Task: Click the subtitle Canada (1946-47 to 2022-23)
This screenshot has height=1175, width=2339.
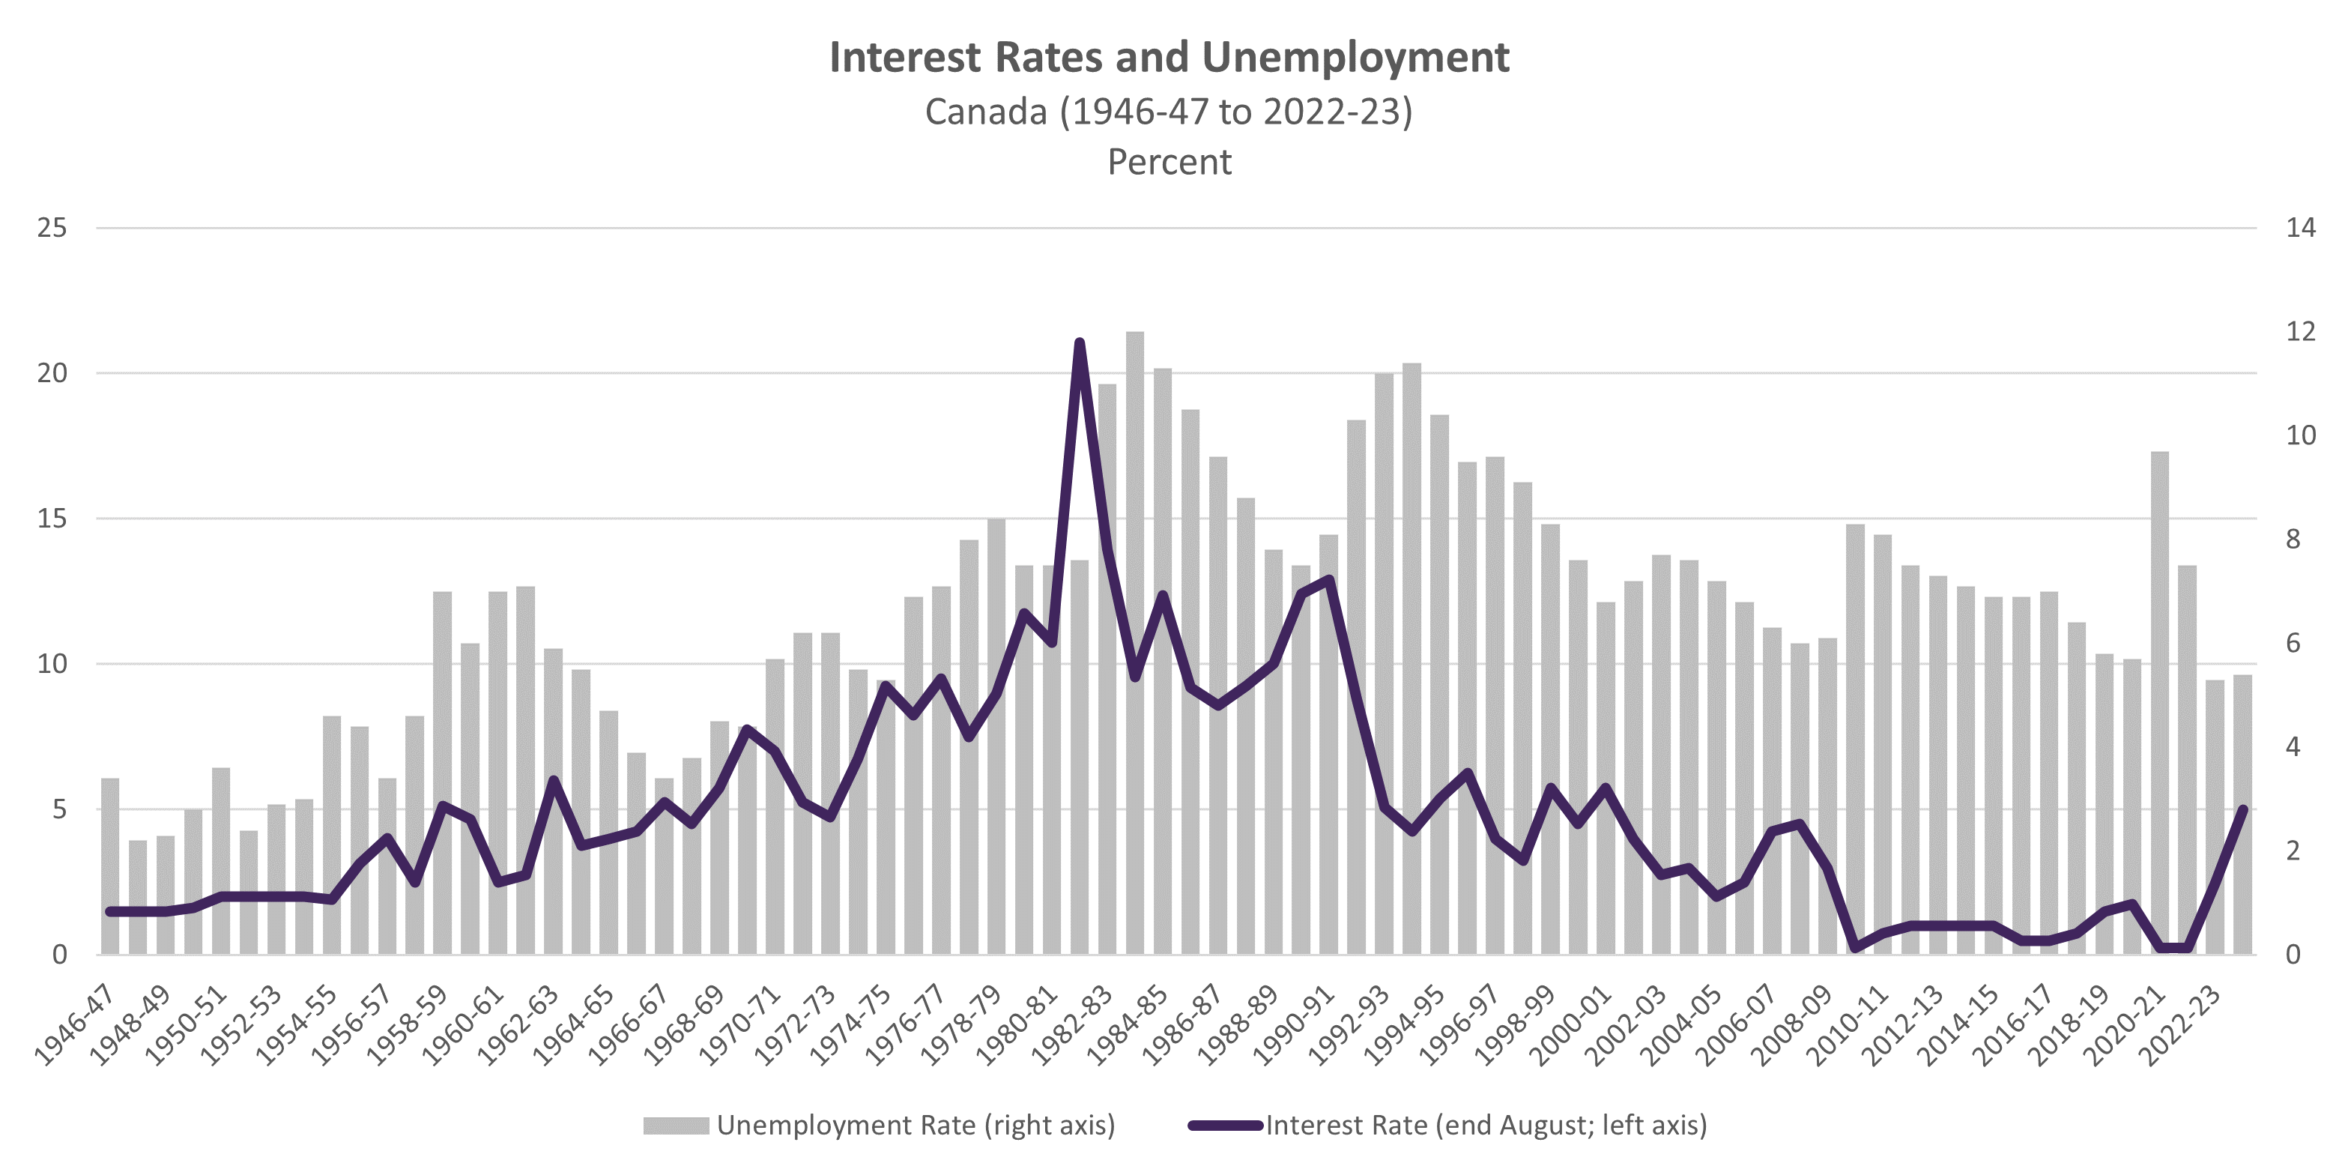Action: (1169, 112)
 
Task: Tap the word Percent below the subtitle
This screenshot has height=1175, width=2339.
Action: (1169, 163)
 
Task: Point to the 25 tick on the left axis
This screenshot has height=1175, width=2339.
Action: (52, 228)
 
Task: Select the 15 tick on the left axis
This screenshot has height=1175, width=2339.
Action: (52, 519)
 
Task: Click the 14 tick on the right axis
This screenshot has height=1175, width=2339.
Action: (2300, 228)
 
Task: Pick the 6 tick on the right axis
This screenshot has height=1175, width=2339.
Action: (2293, 644)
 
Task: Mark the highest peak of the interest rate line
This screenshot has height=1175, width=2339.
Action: (1080, 342)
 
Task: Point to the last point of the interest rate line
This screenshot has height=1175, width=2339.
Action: (2244, 809)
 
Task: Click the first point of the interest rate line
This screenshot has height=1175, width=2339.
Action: (110, 910)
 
